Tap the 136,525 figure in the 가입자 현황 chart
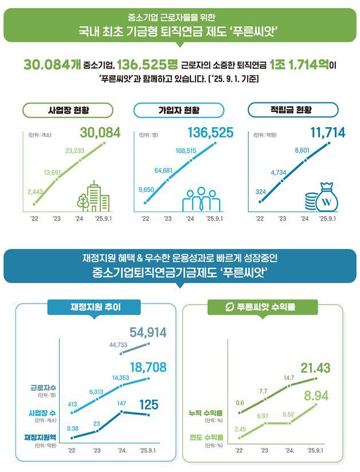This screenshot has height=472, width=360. [210, 133]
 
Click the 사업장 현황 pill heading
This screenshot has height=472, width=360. [64, 110]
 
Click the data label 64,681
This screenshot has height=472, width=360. [167, 171]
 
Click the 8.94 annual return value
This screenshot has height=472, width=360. [316, 395]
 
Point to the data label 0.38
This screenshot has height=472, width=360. [73, 428]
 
